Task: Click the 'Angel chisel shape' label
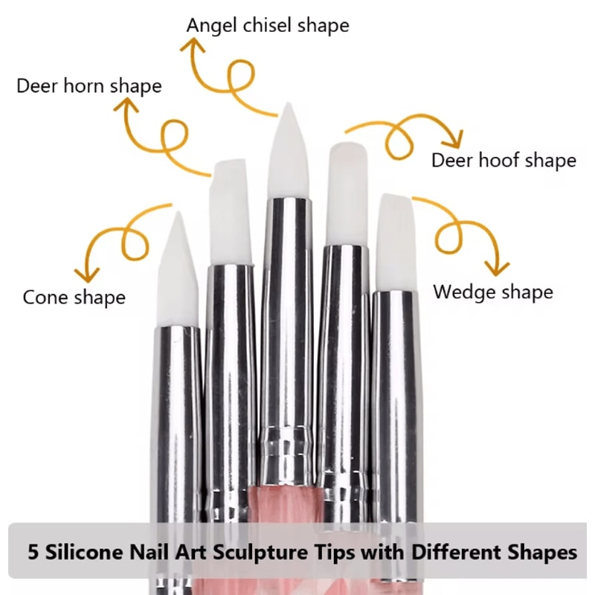tap(268, 25)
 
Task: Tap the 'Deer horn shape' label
tap(89, 86)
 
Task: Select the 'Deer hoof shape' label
tap(504, 160)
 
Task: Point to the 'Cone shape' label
tap(74, 297)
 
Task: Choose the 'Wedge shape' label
tap(493, 291)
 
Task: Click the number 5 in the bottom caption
tap(33, 553)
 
